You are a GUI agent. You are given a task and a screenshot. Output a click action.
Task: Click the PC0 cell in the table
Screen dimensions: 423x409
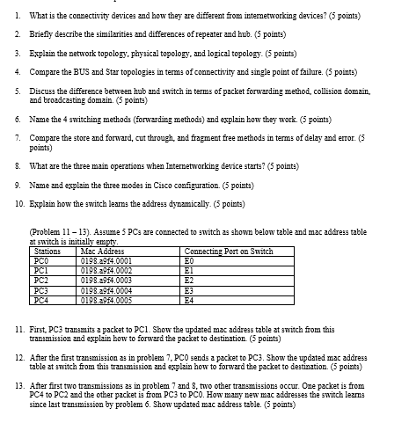[x=39, y=261]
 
